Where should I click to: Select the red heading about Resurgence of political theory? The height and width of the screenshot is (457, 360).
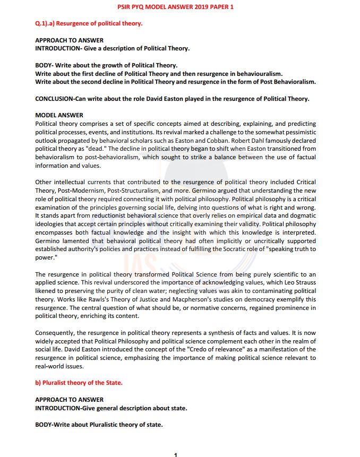pos(89,24)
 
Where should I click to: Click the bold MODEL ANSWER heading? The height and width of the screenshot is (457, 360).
pos(59,115)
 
